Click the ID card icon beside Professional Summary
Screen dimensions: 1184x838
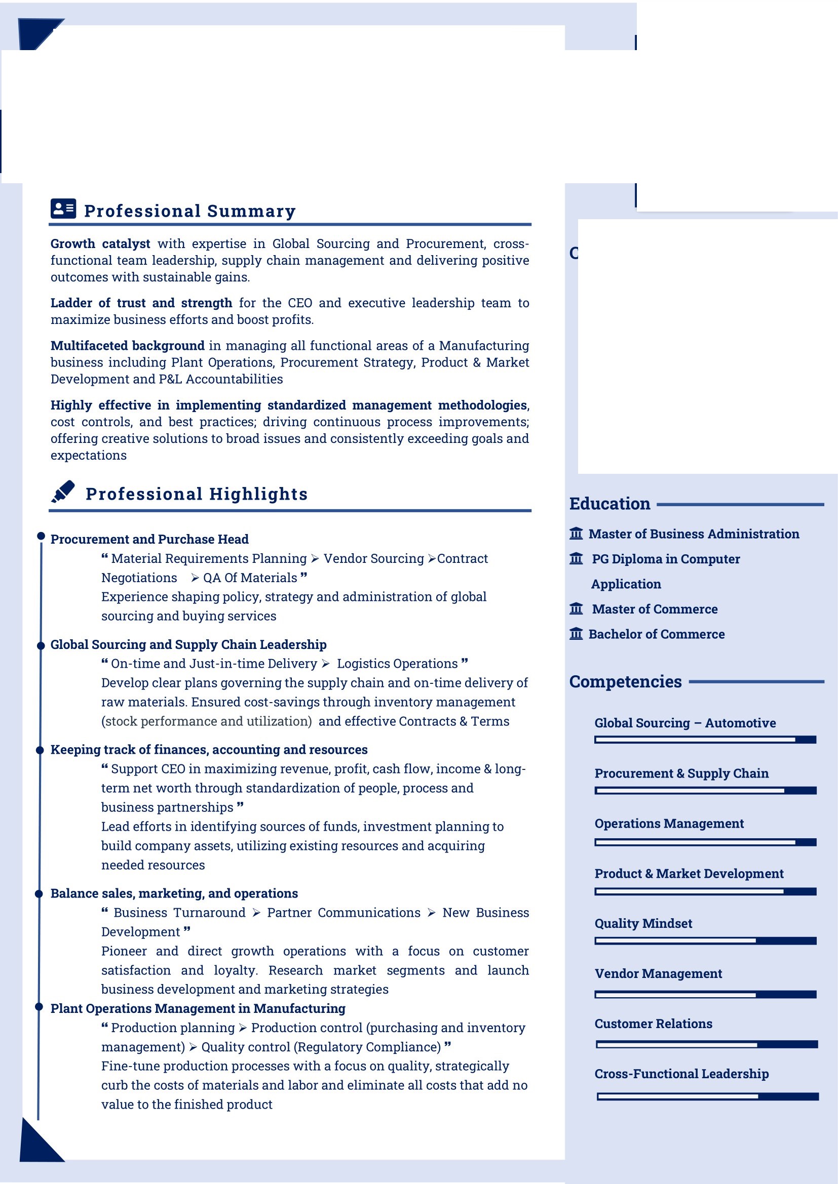tap(63, 209)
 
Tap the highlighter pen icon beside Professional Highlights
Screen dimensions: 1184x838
tap(63, 492)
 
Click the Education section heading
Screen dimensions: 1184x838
tap(610, 504)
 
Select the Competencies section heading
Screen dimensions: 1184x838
tap(625, 682)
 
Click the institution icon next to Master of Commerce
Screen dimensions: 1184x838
tap(576, 609)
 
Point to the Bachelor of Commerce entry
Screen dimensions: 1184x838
tap(656, 634)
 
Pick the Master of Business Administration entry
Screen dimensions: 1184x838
tap(694, 534)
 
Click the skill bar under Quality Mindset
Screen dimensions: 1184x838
tap(705, 941)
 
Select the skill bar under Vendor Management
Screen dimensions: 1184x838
tap(705, 994)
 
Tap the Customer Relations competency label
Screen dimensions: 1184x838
tap(653, 1024)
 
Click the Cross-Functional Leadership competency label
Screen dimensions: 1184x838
tap(681, 1074)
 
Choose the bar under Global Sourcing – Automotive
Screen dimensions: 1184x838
tap(705, 740)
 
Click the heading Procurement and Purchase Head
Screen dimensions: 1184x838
tap(149, 540)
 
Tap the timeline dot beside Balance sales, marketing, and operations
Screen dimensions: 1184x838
tap(39, 893)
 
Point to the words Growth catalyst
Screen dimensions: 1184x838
tap(100, 244)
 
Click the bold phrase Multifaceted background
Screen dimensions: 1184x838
tap(128, 346)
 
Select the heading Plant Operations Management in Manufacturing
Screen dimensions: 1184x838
tap(198, 1009)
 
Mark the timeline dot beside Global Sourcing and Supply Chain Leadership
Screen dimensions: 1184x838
tap(41, 645)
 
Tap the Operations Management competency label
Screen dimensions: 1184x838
tap(669, 824)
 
